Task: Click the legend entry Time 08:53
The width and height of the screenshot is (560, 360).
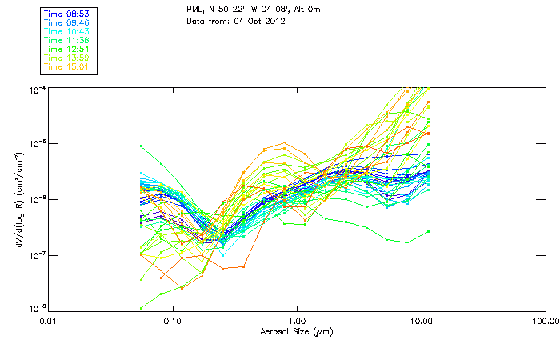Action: click(x=66, y=14)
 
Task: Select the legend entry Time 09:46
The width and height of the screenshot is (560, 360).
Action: click(x=66, y=22)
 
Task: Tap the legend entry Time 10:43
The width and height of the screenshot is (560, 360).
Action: click(x=66, y=31)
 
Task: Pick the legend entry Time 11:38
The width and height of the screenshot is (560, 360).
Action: click(x=66, y=40)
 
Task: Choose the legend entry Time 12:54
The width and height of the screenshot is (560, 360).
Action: click(x=66, y=49)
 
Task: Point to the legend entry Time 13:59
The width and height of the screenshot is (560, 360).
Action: click(x=66, y=58)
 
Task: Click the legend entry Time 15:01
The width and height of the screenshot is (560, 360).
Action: click(x=66, y=66)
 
